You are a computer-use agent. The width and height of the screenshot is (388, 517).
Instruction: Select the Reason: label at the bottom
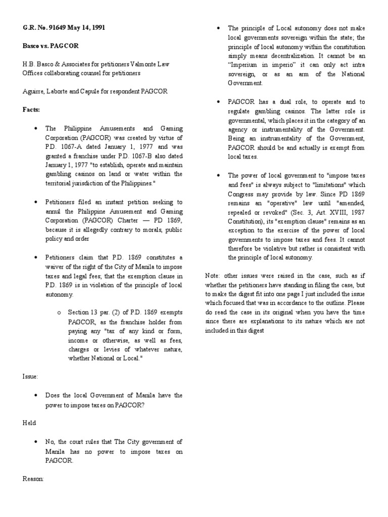pyautogui.click(x=33, y=478)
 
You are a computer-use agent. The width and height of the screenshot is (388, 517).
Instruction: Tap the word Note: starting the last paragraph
pyautogui.click(x=214, y=275)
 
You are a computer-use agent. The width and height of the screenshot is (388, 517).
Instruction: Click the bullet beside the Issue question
pyautogui.click(x=37, y=395)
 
